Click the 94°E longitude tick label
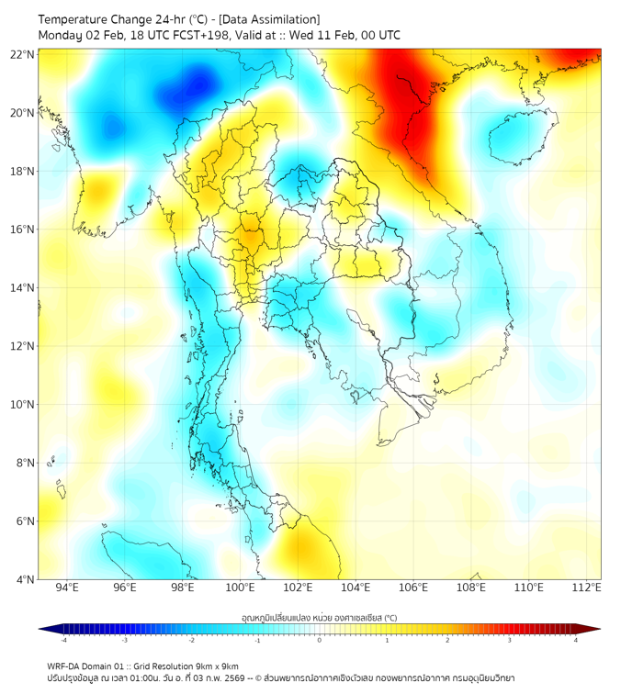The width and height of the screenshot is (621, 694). [x=67, y=588]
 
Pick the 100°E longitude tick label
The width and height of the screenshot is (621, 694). [x=241, y=588]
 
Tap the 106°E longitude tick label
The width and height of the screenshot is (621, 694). [x=413, y=588]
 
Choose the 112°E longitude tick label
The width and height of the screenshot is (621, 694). [x=587, y=588]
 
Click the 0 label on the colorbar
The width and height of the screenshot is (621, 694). [x=320, y=641]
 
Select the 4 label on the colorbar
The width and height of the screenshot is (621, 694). [x=576, y=641]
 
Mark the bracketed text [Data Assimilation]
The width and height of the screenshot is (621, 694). [x=274, y=19]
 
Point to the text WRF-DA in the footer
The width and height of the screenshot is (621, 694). [x=65, y=666]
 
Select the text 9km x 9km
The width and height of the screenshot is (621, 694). [x=213, y=666]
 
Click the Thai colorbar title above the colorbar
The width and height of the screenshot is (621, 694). [x=319, y=617]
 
